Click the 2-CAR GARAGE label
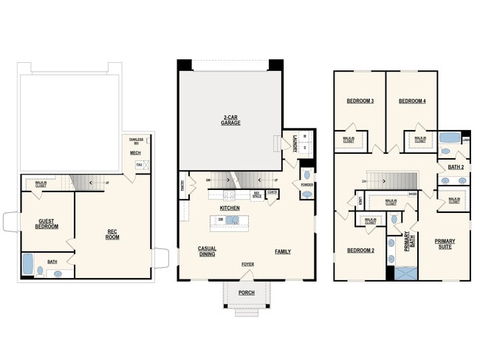pos(230,120)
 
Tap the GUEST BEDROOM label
pos(47,223)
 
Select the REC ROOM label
pos(113,234)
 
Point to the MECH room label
pos(135,153)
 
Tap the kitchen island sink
pos(232,220)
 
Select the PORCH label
pos(246,293)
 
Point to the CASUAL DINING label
pos(206,251)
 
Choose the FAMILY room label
pos(283,251)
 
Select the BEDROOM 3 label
pos(360,101)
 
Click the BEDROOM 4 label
pos(411,101)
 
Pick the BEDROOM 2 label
pos(360,251)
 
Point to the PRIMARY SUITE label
pos(445,243)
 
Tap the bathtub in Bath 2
pos(448,138)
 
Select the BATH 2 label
pos(456,167)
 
